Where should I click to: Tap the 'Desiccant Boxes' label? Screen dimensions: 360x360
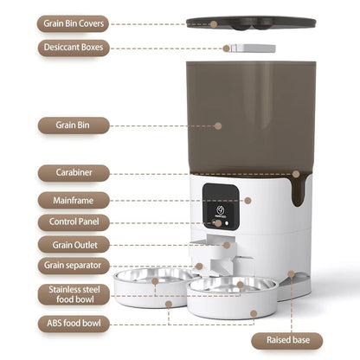click(74, 48)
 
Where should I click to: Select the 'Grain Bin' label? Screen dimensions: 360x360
click(74, 125)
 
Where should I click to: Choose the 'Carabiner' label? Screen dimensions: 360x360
click(74, 173)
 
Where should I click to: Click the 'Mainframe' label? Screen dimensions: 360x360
click(74, 200)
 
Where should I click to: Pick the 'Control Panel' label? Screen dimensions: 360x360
click(74, 222)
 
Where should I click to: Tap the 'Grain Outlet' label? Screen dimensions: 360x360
click(74, 245)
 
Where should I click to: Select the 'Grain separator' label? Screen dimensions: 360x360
click(74, 266)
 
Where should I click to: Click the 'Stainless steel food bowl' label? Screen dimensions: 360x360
click(74, 294)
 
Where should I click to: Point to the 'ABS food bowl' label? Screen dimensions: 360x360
click(74, 325)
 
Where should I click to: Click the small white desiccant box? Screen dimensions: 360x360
click(251, 48)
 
